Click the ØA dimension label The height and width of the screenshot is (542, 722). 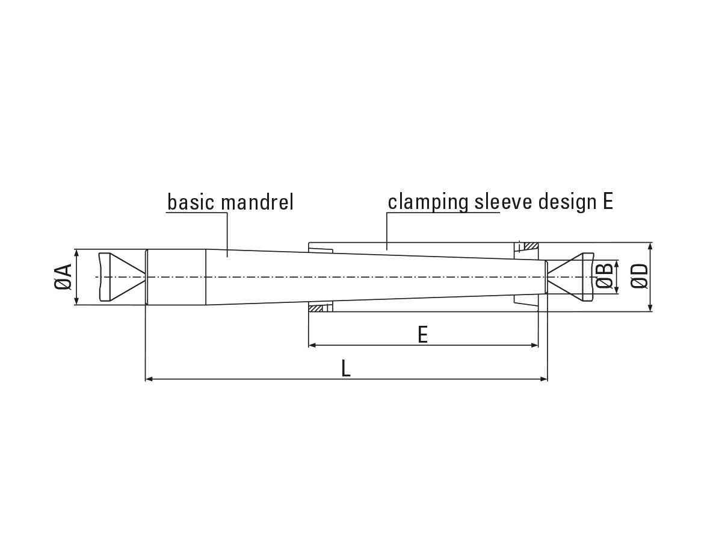click(63, 277)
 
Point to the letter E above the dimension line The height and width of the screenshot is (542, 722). click(423, 334)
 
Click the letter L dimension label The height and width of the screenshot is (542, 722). click(346, 368)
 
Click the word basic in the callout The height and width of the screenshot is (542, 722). click(191, 202)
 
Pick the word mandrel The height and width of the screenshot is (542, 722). click(258, 202)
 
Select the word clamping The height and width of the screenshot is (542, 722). click(428, 202)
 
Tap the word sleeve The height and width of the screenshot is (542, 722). click(503, 202)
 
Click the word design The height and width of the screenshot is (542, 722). click(567, 202)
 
